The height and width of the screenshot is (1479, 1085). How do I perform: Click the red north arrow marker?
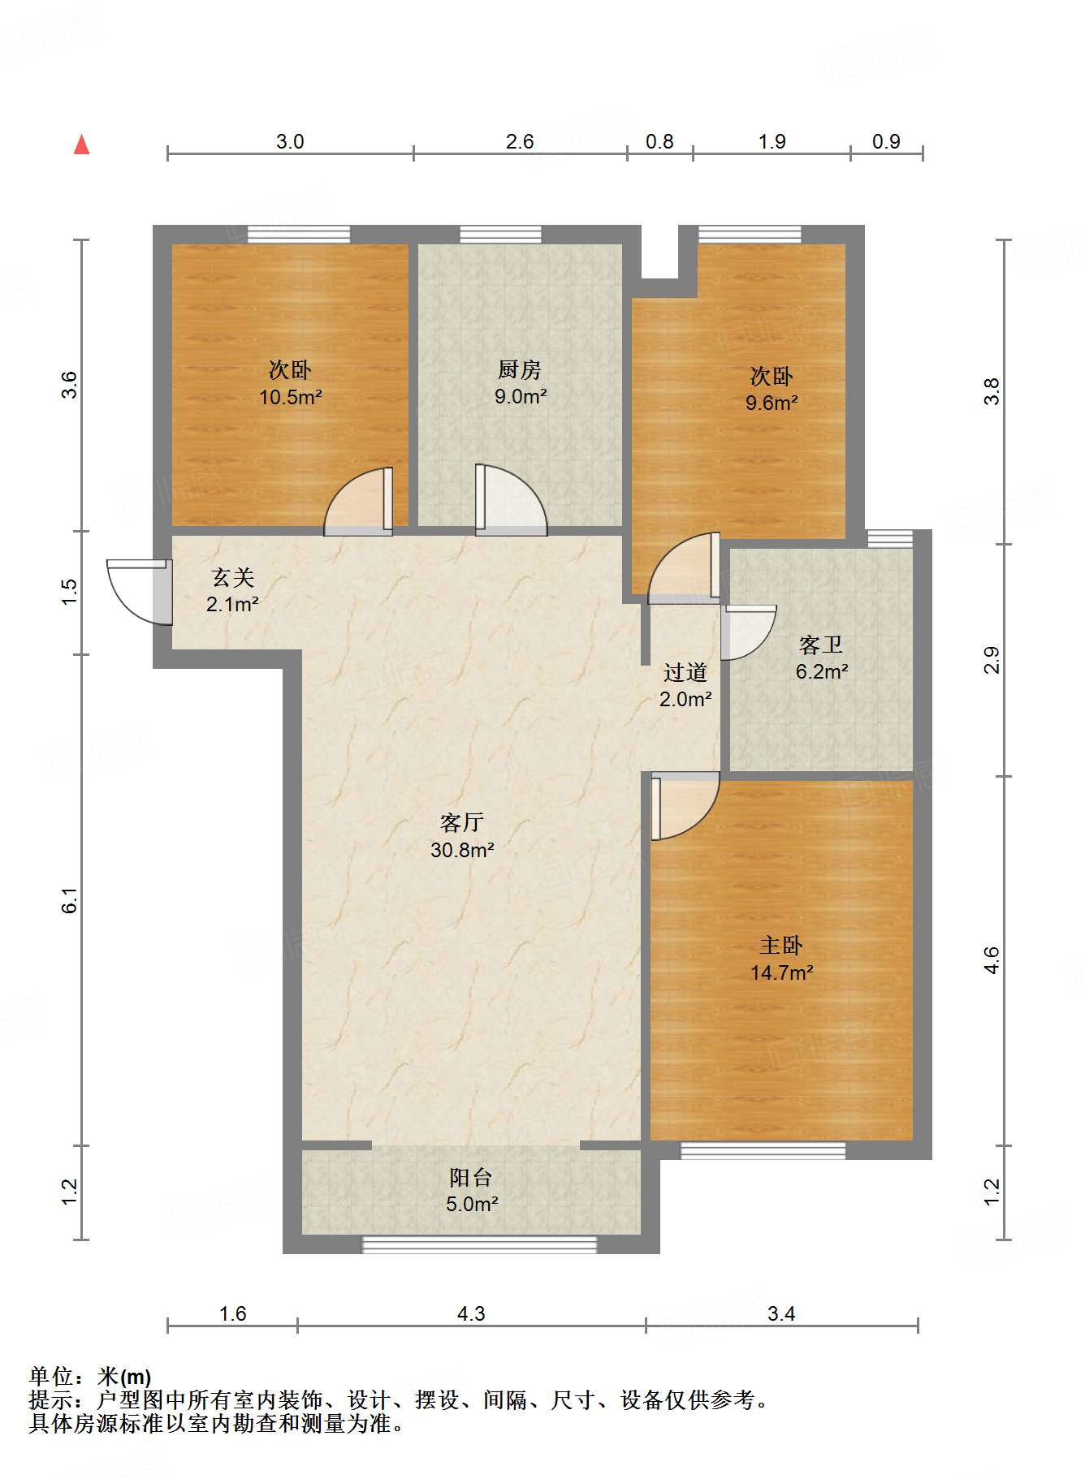81,144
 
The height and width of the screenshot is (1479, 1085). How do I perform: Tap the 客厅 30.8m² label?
462,836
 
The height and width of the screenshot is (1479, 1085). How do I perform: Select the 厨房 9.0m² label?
520,383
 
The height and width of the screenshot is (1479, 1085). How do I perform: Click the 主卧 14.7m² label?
781,959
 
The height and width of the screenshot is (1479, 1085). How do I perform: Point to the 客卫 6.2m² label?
821,658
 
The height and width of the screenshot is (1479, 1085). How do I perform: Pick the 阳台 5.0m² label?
471,1190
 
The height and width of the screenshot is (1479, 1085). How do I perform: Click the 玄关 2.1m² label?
232,590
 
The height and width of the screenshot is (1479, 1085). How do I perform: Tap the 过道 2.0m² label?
685,685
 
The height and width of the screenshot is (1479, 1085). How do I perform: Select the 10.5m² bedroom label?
290,383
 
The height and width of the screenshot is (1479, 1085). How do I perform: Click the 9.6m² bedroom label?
771,389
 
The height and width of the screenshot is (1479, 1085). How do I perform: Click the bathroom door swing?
746,632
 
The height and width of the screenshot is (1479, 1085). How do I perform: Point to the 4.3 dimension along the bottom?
471,1313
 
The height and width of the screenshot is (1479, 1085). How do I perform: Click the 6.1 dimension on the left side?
70,900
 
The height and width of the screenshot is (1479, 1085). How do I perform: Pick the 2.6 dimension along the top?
520,142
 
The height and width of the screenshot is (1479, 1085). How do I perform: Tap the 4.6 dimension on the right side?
992,961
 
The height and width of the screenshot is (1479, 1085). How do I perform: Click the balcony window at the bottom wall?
479,1244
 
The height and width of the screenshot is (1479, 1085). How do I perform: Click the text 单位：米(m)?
90,1377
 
